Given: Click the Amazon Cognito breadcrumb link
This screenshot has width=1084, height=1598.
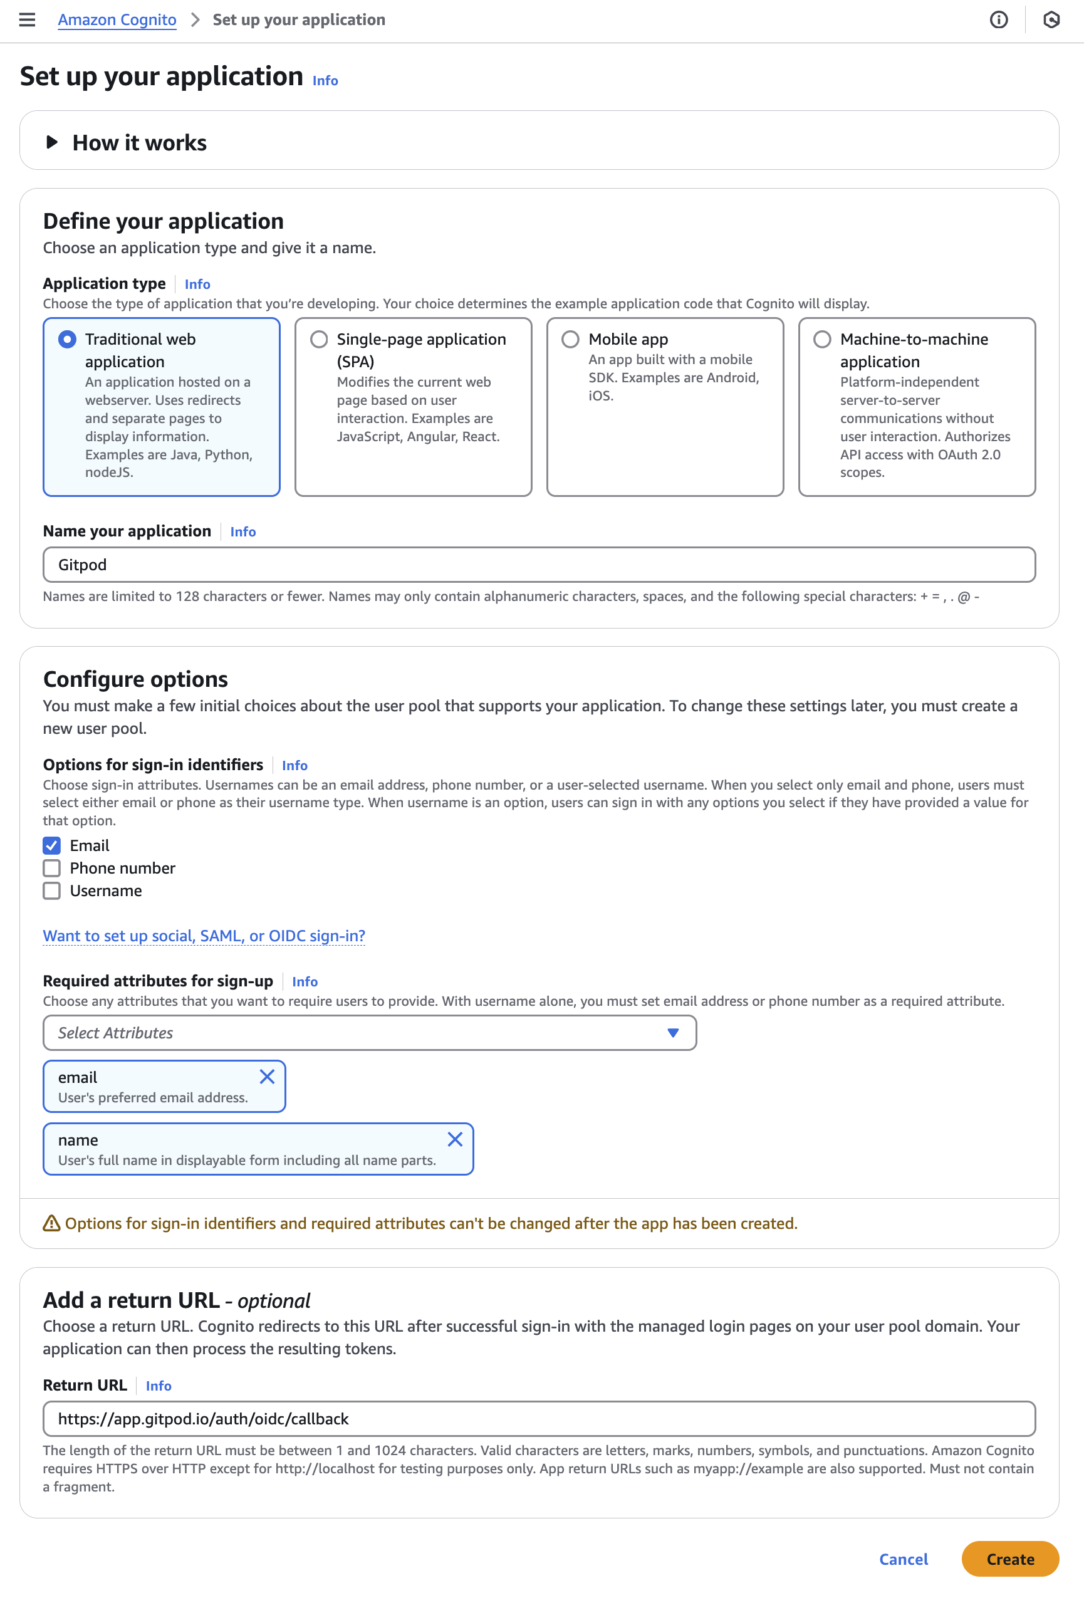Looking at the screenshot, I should pos(117,20).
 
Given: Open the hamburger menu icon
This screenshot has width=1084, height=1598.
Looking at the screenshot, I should pos(27,20).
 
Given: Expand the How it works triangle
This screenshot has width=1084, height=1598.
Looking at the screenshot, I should pos(51,142).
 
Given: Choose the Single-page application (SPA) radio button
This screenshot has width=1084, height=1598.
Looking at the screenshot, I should pos(319,339).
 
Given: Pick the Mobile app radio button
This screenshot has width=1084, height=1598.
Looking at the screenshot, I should pos(571,339).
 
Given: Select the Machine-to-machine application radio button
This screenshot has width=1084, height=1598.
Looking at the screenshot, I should pos(822,339).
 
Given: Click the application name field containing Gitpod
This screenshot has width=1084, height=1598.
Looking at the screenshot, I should pos(539,565).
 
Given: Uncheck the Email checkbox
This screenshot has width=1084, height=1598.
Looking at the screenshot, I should pos(51,845).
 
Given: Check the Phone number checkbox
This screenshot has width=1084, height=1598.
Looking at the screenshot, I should pos(51,868).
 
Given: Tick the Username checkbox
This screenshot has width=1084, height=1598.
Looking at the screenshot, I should pos(51,890).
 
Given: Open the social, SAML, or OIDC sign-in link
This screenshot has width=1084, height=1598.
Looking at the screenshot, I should pos(204,936).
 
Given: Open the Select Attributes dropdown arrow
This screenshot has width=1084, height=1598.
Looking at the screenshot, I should pos(673,1033).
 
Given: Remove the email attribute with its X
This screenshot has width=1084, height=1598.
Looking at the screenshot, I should pos(268,1077).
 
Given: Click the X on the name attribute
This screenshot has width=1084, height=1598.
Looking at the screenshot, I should pos(455,1139).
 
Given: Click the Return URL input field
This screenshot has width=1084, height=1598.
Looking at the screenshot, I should pos(539,1419).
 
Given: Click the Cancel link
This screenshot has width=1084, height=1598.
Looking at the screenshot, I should pos(903,1559).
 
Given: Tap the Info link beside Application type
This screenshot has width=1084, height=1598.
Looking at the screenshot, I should pos(197,284).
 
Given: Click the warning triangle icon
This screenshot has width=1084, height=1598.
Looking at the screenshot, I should pos(51,1223).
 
